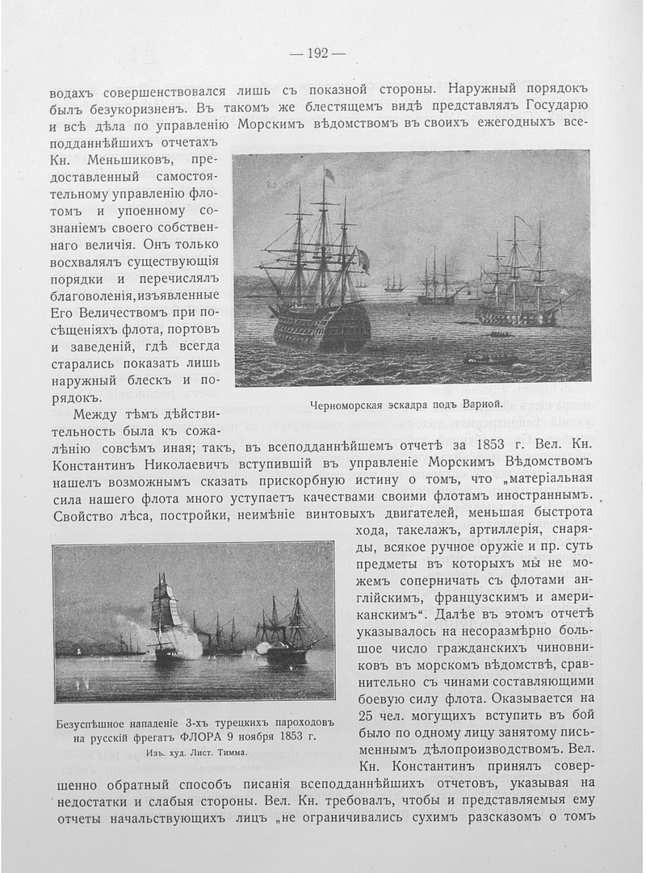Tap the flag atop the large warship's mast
[329, 174]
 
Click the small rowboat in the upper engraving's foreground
[489, 358]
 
